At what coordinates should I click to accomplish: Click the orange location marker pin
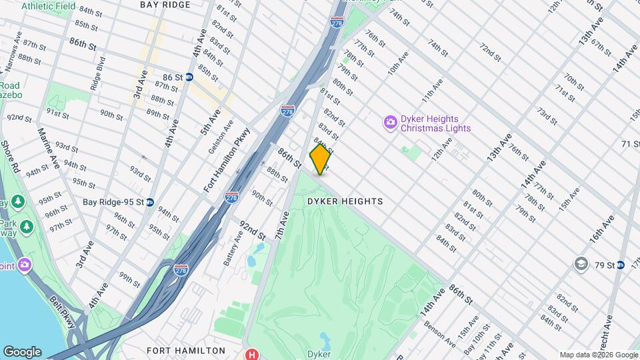320,159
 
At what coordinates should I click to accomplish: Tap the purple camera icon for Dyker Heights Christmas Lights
390,122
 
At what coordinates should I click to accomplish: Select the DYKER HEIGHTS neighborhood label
345,201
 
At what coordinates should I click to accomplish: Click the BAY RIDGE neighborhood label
165,5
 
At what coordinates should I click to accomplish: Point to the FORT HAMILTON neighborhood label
187,351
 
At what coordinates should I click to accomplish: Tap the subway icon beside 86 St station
189,77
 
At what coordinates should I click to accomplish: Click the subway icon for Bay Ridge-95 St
150,202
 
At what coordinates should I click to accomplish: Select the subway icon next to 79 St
620,265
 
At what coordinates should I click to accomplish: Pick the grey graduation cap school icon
581,265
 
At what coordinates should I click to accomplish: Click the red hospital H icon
251,354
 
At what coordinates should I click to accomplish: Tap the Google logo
22,351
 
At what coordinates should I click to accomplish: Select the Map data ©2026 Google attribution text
599,355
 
